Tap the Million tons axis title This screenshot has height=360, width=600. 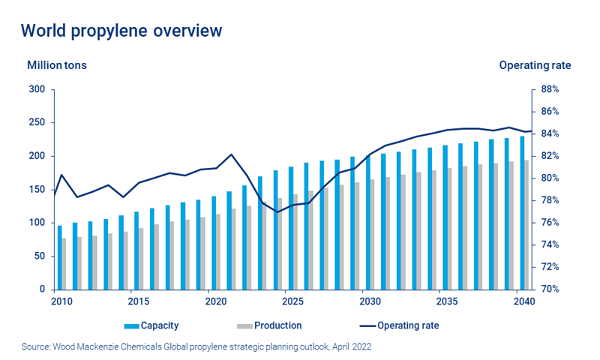(x=57, y=65)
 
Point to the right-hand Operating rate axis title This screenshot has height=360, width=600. (x=535, y=65)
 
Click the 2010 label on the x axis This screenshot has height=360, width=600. (x=62, y=301)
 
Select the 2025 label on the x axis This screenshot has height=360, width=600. (x=293, y=301)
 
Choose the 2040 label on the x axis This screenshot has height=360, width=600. (x=524, y=301)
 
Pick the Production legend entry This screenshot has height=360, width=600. (x=277, y=325)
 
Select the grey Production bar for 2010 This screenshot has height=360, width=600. (x=64, y=263)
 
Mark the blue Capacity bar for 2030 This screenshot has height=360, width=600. (x=367, y=222)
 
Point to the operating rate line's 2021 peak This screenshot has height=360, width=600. (x=231, y=154)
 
